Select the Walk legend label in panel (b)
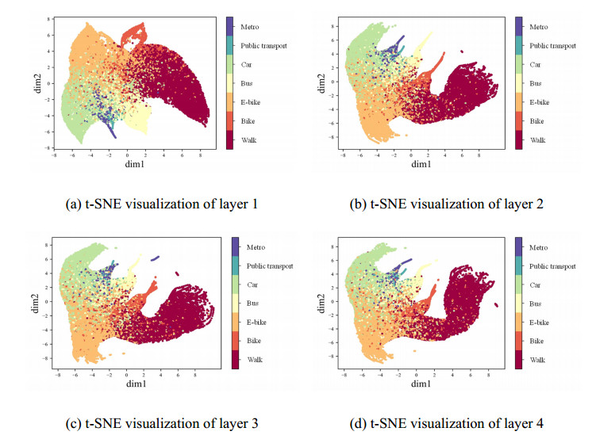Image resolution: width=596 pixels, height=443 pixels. (x=539, y=139)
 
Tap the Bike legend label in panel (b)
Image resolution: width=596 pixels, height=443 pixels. (x=538, y=120)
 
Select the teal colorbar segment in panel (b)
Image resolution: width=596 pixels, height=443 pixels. (x=519, y=47)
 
